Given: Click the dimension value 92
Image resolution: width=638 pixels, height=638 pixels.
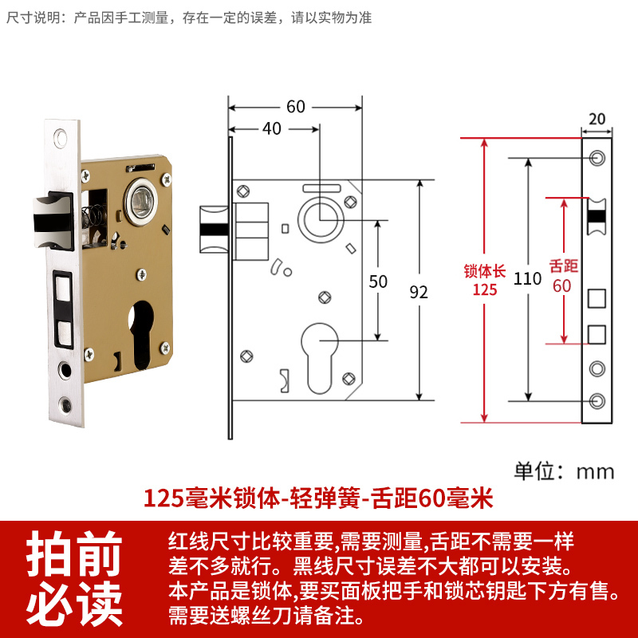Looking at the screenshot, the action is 419,292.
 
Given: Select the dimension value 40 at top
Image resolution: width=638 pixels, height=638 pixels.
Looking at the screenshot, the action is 272,128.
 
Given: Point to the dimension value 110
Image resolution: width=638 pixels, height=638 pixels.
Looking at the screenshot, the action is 528,278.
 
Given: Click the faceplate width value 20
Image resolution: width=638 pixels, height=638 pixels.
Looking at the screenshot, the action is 597,119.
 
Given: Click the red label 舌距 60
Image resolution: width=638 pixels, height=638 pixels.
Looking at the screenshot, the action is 563,275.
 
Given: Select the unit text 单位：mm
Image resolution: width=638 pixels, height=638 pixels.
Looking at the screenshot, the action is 565,471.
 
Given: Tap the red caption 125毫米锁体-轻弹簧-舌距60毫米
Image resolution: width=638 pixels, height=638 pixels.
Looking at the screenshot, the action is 318,499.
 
